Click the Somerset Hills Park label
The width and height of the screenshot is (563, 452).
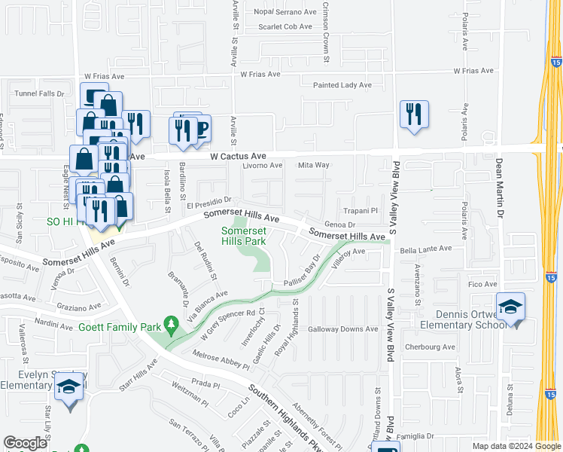[244, 237]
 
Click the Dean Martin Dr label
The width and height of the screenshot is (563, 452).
[499, 185]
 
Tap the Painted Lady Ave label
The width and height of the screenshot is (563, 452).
[342, 85]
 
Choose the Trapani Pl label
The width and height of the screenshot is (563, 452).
[359, 211]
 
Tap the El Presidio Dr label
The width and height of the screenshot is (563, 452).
[203, 204]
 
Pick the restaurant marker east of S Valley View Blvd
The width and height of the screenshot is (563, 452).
[414, 115]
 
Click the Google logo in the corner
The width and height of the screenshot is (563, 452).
[26, 443]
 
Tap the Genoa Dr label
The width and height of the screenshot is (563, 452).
[339, 224]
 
